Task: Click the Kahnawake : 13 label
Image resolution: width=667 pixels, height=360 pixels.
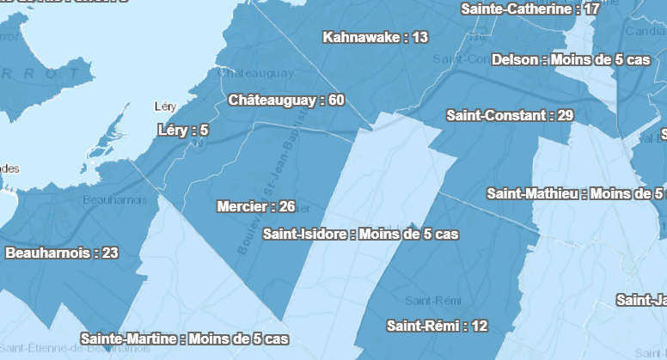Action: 375,37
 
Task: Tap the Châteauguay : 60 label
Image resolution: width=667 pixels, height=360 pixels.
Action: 286,101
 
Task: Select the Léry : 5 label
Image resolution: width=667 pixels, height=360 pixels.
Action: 183,131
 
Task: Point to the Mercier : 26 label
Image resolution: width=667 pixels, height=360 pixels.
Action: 256,206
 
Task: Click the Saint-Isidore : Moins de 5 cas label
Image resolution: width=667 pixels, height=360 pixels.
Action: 360,234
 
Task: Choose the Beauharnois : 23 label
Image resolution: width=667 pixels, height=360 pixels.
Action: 62,253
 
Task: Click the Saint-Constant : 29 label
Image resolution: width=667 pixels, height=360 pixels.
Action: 510,115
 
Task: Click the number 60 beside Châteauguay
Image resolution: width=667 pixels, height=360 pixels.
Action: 335,101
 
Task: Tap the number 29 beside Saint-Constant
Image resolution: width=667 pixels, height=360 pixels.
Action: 565,115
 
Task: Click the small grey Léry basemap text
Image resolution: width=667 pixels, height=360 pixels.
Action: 163,107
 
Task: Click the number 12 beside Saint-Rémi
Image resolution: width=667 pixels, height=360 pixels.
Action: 480,326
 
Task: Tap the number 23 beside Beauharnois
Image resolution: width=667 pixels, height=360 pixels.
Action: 109,253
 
